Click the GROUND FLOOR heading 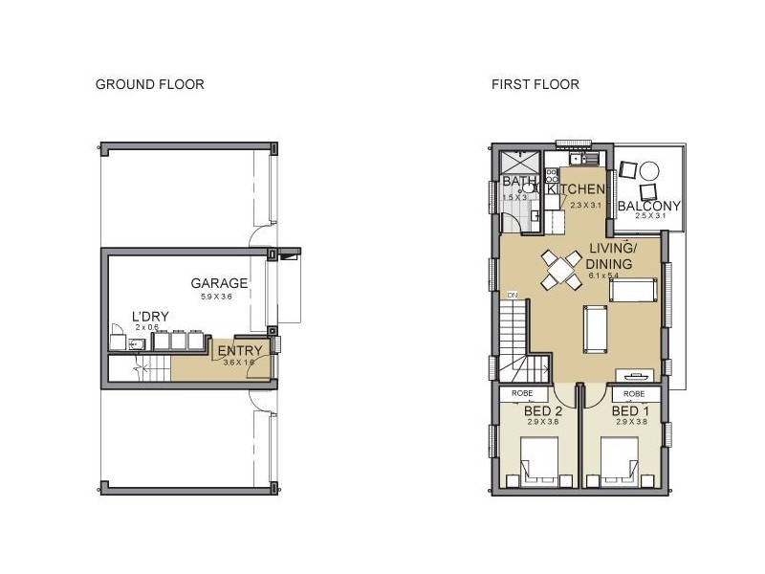[149, 84]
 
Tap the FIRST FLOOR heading [535, 84]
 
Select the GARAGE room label [219, 283]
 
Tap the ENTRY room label [239, 351]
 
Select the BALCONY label [648, 206]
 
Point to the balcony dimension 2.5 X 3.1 [648, 217]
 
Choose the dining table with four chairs [559, 269]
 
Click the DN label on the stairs [513, 295]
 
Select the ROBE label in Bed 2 [522, 393]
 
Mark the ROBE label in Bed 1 [633, 393]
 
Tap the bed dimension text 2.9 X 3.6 [541, 423]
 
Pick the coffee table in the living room [597, 327]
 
